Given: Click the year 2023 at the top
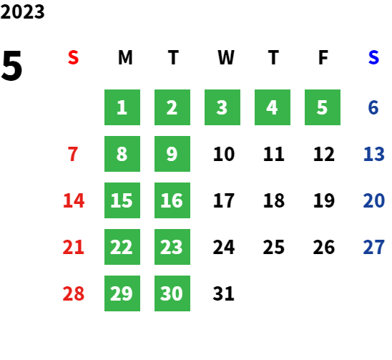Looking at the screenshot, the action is (22, 11).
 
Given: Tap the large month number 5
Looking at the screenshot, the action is (11, 66).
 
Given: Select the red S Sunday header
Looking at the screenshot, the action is (73, 57).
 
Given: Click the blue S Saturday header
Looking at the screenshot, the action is (373, 57).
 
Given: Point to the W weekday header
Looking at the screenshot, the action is (226, 57).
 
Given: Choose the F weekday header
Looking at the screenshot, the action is (323, 57).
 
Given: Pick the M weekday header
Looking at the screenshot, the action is (125, 57).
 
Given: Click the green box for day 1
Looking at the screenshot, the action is (122, 107).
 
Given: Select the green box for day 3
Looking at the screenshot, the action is (222, 107).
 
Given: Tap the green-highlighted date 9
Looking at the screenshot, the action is (172, 154).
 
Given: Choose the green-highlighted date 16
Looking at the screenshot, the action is (172, 200).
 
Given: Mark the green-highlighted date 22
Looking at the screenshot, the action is (122, 247).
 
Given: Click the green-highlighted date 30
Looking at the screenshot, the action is (172, 293).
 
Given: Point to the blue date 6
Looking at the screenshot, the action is (373, 107).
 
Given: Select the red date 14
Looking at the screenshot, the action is (74, 200).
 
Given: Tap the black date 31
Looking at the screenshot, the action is (224, 293).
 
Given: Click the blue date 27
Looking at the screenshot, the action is (373, 247).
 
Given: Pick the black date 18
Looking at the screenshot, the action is (274, 200).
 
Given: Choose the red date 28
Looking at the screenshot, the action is (74, 293).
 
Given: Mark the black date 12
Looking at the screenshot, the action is (324, 154).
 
